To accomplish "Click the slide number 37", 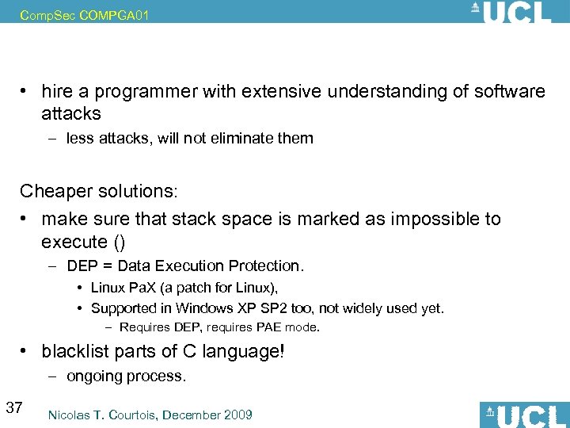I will pyautogui.click(x=13, y=408).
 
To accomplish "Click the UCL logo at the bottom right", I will pyautogui.click(x=524, y=415).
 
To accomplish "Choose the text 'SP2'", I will pyautogui.click(x=270, y=308).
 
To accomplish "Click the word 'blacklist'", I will pyautogui.click(x=78, y=351).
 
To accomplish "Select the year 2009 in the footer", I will pyautogui.click(x=237, y=415).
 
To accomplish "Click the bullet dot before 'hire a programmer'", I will pyautogui.click(x=26, y=92).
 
